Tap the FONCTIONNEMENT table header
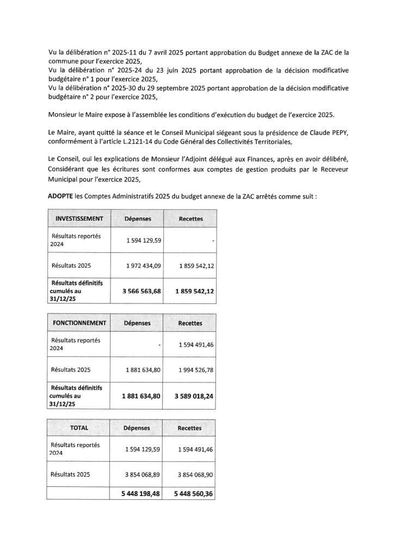click(79, 323)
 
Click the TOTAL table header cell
click(79, 428)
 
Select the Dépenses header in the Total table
click(137, 428)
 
